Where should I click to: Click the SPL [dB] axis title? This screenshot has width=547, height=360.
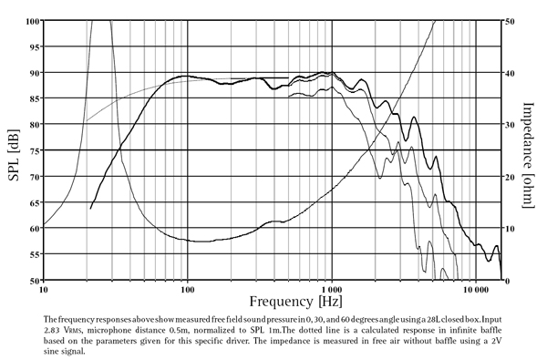[x=13, y=150]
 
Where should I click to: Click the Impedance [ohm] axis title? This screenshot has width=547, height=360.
[x=532, y=150]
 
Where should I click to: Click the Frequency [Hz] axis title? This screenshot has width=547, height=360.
[x=273, y=299]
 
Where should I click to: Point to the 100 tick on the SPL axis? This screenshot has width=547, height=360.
[x=31, y=20]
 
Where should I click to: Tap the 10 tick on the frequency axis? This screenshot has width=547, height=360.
[x=43, y=292]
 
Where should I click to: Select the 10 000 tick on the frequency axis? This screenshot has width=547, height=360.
[x=475, y=292]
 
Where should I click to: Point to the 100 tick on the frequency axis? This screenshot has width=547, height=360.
[x=186, y=292]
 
